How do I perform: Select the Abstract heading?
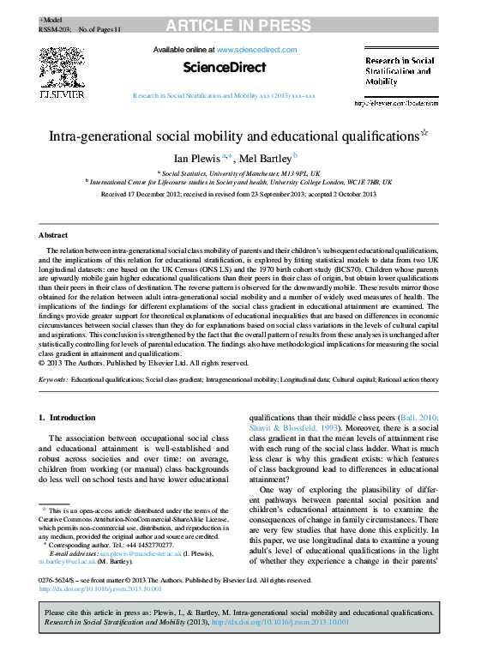tap(53, 234)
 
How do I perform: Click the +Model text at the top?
tap(51, 19)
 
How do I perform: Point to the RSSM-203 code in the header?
tap(55, 28)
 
